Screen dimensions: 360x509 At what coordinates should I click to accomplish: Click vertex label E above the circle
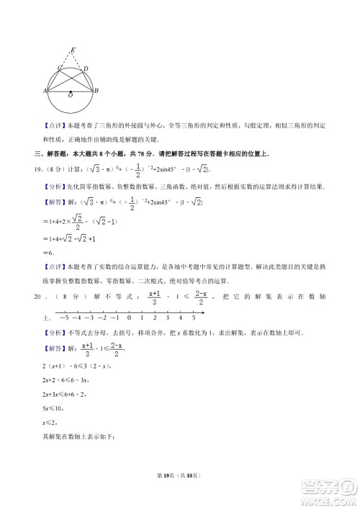(72, 50)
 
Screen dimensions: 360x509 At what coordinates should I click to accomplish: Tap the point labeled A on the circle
(45, 91)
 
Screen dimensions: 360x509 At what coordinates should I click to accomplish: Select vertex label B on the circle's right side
(96, 91)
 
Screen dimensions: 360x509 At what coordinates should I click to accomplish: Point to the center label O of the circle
(70, 95)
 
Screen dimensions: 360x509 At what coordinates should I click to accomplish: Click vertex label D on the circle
(86, 69)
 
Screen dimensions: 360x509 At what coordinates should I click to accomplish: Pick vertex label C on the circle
(60, 68)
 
